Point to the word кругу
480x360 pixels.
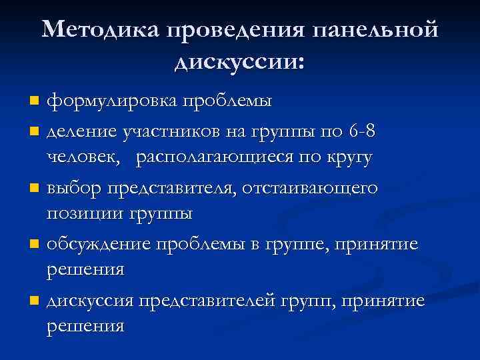347,158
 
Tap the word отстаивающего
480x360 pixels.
309,188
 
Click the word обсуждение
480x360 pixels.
98,245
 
